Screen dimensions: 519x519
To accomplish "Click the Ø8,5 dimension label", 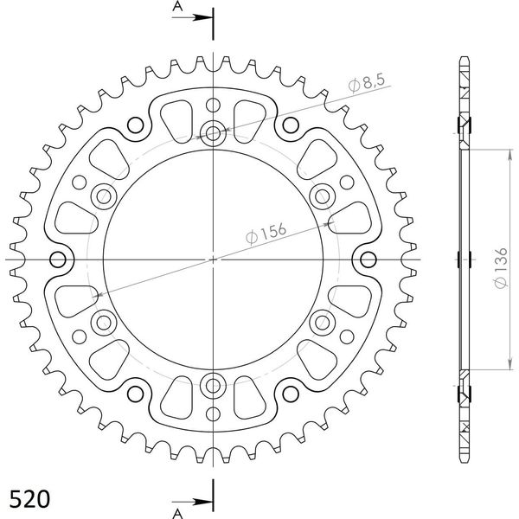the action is pos(367,83).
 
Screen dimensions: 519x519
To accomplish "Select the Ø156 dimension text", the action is pos(266,233).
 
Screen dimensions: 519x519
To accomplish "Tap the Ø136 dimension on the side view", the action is pos(501,267).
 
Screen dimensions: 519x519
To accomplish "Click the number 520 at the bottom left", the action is pos(29,498).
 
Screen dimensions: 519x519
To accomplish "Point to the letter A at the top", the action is pos(177,6).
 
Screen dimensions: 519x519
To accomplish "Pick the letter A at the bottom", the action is pos(177,513).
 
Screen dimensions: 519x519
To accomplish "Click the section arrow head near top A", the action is pos(202,17).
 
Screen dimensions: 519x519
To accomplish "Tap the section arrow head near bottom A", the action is pos(202,502).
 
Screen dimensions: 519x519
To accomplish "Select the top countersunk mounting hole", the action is pos(213,134).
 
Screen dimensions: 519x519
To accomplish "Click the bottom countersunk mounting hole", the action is pos(213,385).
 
